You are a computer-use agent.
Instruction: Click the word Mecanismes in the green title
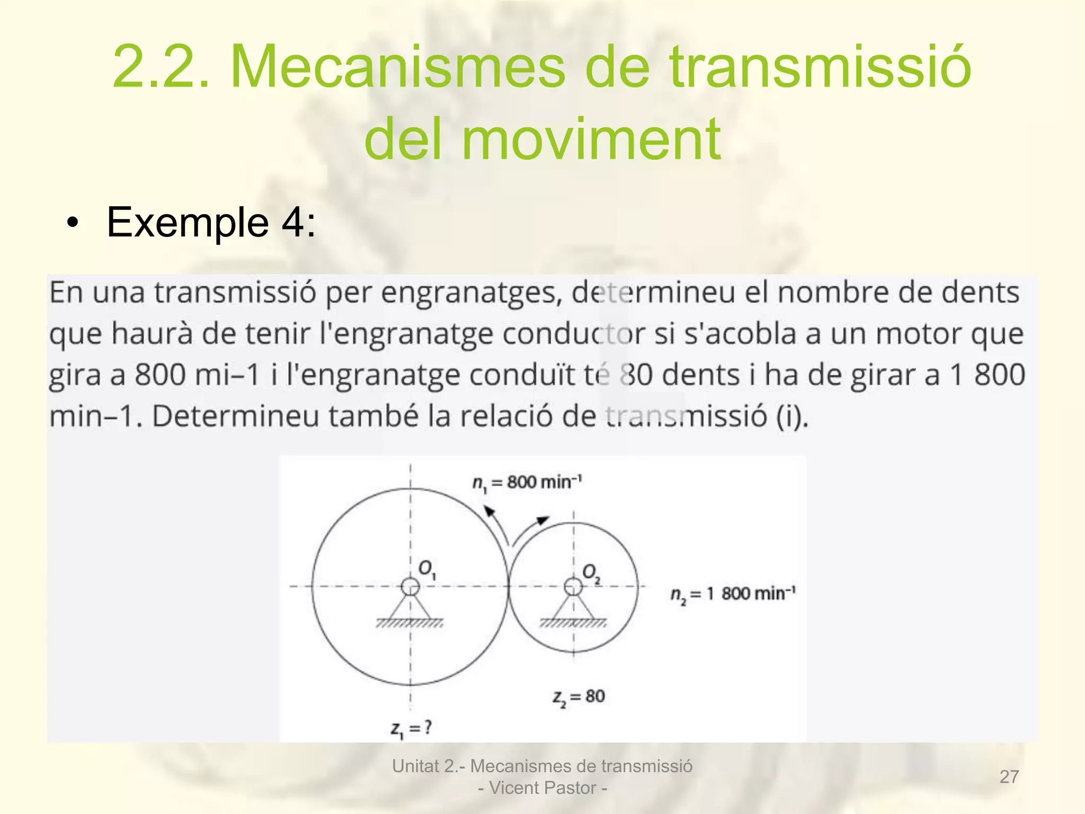click(x=397, y=67)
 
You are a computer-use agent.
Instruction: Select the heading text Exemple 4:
click(x=211, y=222)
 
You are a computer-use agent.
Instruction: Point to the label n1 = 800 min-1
click(x=527, y=483)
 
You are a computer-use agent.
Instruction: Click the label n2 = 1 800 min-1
click(x=732, y=594)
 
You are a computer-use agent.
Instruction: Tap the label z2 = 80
click(x=579, y=697)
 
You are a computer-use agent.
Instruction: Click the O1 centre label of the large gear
click(x=427, y=569)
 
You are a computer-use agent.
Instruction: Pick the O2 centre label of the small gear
click(x=591, y=572)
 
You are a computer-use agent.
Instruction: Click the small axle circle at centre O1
click(x=411, y=586)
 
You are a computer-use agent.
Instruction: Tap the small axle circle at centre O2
click(x=573, y=586)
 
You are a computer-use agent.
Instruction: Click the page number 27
click(x=1009, y=776)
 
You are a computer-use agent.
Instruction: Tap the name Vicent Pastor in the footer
click(x=542, y=788)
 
